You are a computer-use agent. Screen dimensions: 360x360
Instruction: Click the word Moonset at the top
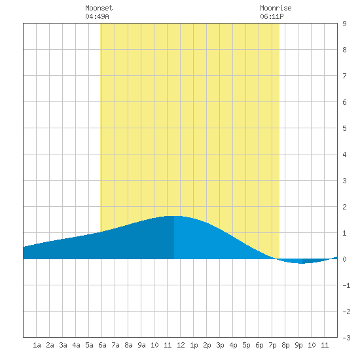pyautogui.click(x=99, y=8)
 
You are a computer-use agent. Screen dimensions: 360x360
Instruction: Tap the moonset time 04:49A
pyautogui.click(x=97, y=16)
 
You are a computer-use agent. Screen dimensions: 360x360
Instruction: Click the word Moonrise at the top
pyautogui.click(x=276, y=8)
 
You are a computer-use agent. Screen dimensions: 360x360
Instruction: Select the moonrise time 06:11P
pyautogui.click(x=272, y=16)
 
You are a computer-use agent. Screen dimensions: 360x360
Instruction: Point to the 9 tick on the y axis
pyautogui.click(x=344, y=24)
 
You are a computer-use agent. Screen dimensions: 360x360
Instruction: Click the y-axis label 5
pyautogui.click(x=344, y=128)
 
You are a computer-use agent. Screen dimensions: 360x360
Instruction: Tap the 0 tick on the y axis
pyautogui.click(x=344, y=259)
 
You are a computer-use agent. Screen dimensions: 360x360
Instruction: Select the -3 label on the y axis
pyautogui.click(x=346, y=338)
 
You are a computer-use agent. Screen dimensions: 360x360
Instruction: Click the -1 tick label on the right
pyautogui.click(x=346, y=285)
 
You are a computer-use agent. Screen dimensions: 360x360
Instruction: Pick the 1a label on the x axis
pyautogui.click(x=37, y=345)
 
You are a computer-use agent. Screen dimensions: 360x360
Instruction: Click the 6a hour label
pyautogui.click(x=102, y=345)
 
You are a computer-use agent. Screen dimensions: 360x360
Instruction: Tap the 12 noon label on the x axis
pyautogui.click(x=181, y=345)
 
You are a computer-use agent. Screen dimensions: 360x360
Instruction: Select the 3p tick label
pyautogui.click(x=220, y=345)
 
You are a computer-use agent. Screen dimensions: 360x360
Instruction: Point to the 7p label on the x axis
pyautogui.click(x=272, y=345)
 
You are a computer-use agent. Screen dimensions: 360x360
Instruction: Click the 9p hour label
pyautogui.click(x=298, y=345)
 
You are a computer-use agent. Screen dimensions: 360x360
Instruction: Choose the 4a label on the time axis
pyautogui.click(x=76, y=345)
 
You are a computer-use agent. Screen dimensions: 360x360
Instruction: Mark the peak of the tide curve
pyautogui.click(x=174, y=216)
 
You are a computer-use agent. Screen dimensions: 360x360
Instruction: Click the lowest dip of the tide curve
pyautogui.click(x=301, y=263)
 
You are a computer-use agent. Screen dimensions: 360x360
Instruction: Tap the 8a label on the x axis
pyautogui.click(x=128, y=345)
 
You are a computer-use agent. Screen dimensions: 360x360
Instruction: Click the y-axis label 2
pyautogui.click(x=344, y=207)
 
